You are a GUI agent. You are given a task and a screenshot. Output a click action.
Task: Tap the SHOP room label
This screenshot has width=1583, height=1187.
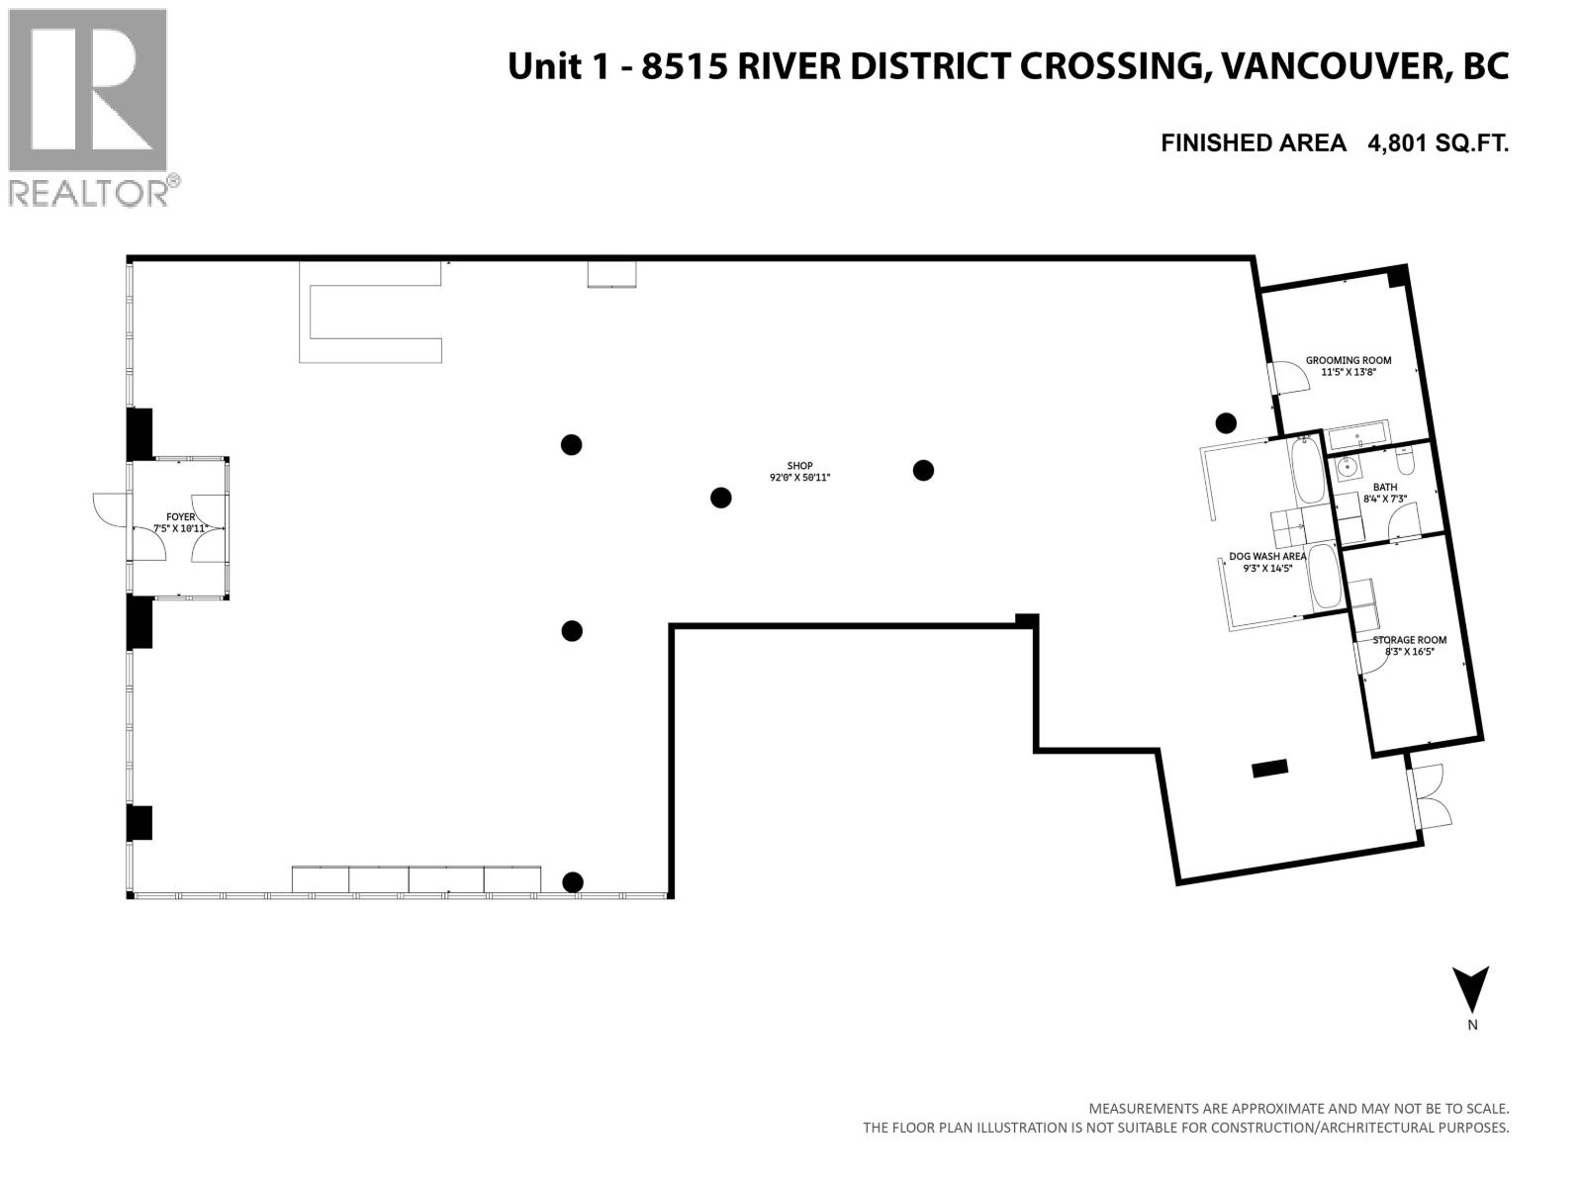pyautogui.click(x=799, y=466)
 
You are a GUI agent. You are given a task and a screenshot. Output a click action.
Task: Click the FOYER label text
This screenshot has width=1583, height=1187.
pyautogui.click(x=180, y=516)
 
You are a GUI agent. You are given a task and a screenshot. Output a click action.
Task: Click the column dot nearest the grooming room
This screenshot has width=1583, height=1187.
pyautogui.click(x=1226, y=423)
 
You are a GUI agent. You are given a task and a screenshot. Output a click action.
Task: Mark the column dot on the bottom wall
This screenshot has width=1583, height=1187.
pyautogui.click(x=572, y=882)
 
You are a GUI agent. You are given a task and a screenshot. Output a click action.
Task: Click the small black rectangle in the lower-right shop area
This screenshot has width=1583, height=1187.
pyautogui.click(x=1269, y=768)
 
